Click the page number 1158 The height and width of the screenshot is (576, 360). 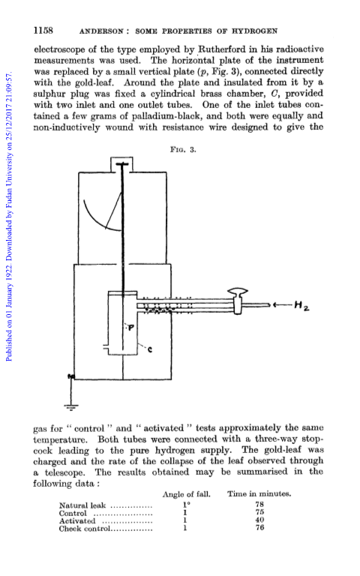point(43,30)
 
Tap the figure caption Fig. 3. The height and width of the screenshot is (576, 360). point(183,149)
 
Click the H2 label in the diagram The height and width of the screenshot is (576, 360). point(301,305)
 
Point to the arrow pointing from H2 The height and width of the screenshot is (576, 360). point(283,304)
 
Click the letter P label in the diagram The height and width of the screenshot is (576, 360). point(130,326)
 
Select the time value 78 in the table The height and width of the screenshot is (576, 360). point(259,505)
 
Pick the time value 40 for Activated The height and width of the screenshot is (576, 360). point(259,520)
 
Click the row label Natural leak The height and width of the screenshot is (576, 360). point(82,505)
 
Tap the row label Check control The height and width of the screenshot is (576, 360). point(85,529)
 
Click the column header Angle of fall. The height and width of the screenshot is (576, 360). point(187,494)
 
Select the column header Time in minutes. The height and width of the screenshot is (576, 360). point(259,493)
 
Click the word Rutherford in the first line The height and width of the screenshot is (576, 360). point(223,49)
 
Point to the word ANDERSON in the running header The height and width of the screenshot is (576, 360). point(101,31)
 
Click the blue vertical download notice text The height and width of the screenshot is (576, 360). point(10,217)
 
